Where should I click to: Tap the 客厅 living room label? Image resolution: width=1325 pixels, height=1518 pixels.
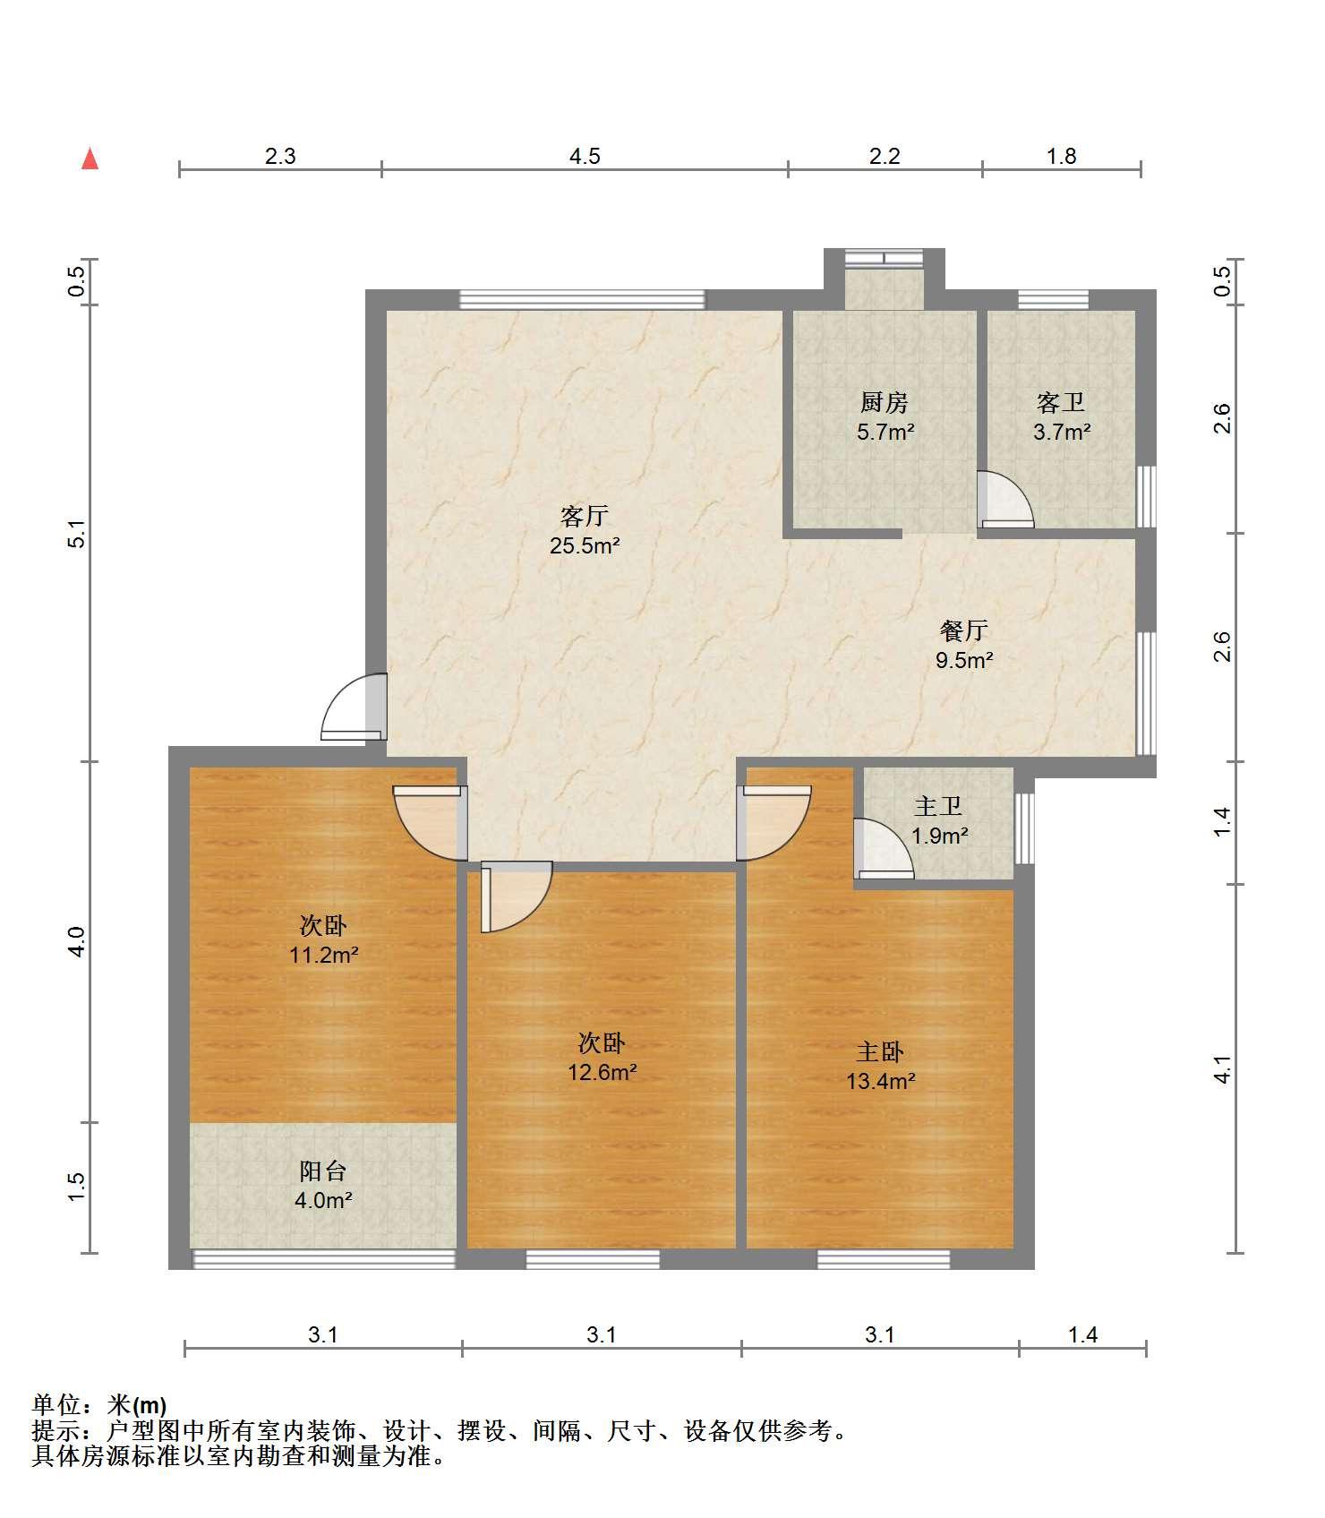[585, 516]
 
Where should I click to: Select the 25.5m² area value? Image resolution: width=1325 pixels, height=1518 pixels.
[585, 545]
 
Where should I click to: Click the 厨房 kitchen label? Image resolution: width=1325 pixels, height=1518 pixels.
[885, 402]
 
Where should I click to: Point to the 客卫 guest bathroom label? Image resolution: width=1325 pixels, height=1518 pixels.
[1061, 402]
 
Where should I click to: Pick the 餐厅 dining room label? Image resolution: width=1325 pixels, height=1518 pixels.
[963, 630]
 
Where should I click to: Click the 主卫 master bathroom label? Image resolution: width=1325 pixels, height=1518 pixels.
[938, 806]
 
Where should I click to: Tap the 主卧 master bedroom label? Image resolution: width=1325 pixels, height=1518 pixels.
[880, 1051]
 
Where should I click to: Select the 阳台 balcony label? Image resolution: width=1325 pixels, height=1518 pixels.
[322, 1171]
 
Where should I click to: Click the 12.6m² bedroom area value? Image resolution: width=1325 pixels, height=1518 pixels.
[602, 1072]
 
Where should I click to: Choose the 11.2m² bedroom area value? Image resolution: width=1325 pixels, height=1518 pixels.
[323, 955]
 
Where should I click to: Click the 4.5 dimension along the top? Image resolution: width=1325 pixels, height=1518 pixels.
[585, 156]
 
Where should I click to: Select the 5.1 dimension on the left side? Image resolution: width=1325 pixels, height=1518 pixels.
[77, 534]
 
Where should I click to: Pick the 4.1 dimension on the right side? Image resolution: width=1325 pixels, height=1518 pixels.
[1222, 1070]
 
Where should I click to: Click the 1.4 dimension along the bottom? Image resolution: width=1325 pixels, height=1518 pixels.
[1082, 1335]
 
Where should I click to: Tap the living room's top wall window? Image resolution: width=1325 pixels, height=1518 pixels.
[582, 299]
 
